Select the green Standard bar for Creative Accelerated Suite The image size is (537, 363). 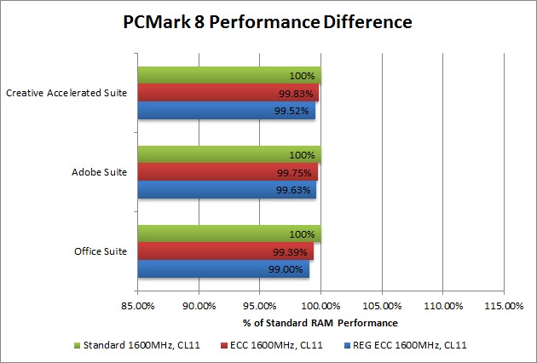coord(228,76)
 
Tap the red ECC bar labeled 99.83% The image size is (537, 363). coord(228,93)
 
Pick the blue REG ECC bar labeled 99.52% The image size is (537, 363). coord(226,110)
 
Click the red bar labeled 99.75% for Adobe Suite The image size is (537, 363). coord(228,172)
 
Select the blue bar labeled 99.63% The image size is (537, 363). coord(227,189)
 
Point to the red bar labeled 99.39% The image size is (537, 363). coord(225,252)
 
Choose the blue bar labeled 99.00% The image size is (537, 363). coord(222,268)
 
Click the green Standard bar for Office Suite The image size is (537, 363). coord(228,234)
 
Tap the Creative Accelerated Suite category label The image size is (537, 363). coord(66,93)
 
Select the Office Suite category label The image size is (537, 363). coord(102,251)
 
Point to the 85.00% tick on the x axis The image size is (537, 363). coord(137,304)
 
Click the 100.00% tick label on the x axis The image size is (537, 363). coord(320,304)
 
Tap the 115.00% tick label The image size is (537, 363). coord(504,304)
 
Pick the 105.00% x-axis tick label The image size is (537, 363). coord(382,304)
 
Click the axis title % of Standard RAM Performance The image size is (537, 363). coord(320,323)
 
